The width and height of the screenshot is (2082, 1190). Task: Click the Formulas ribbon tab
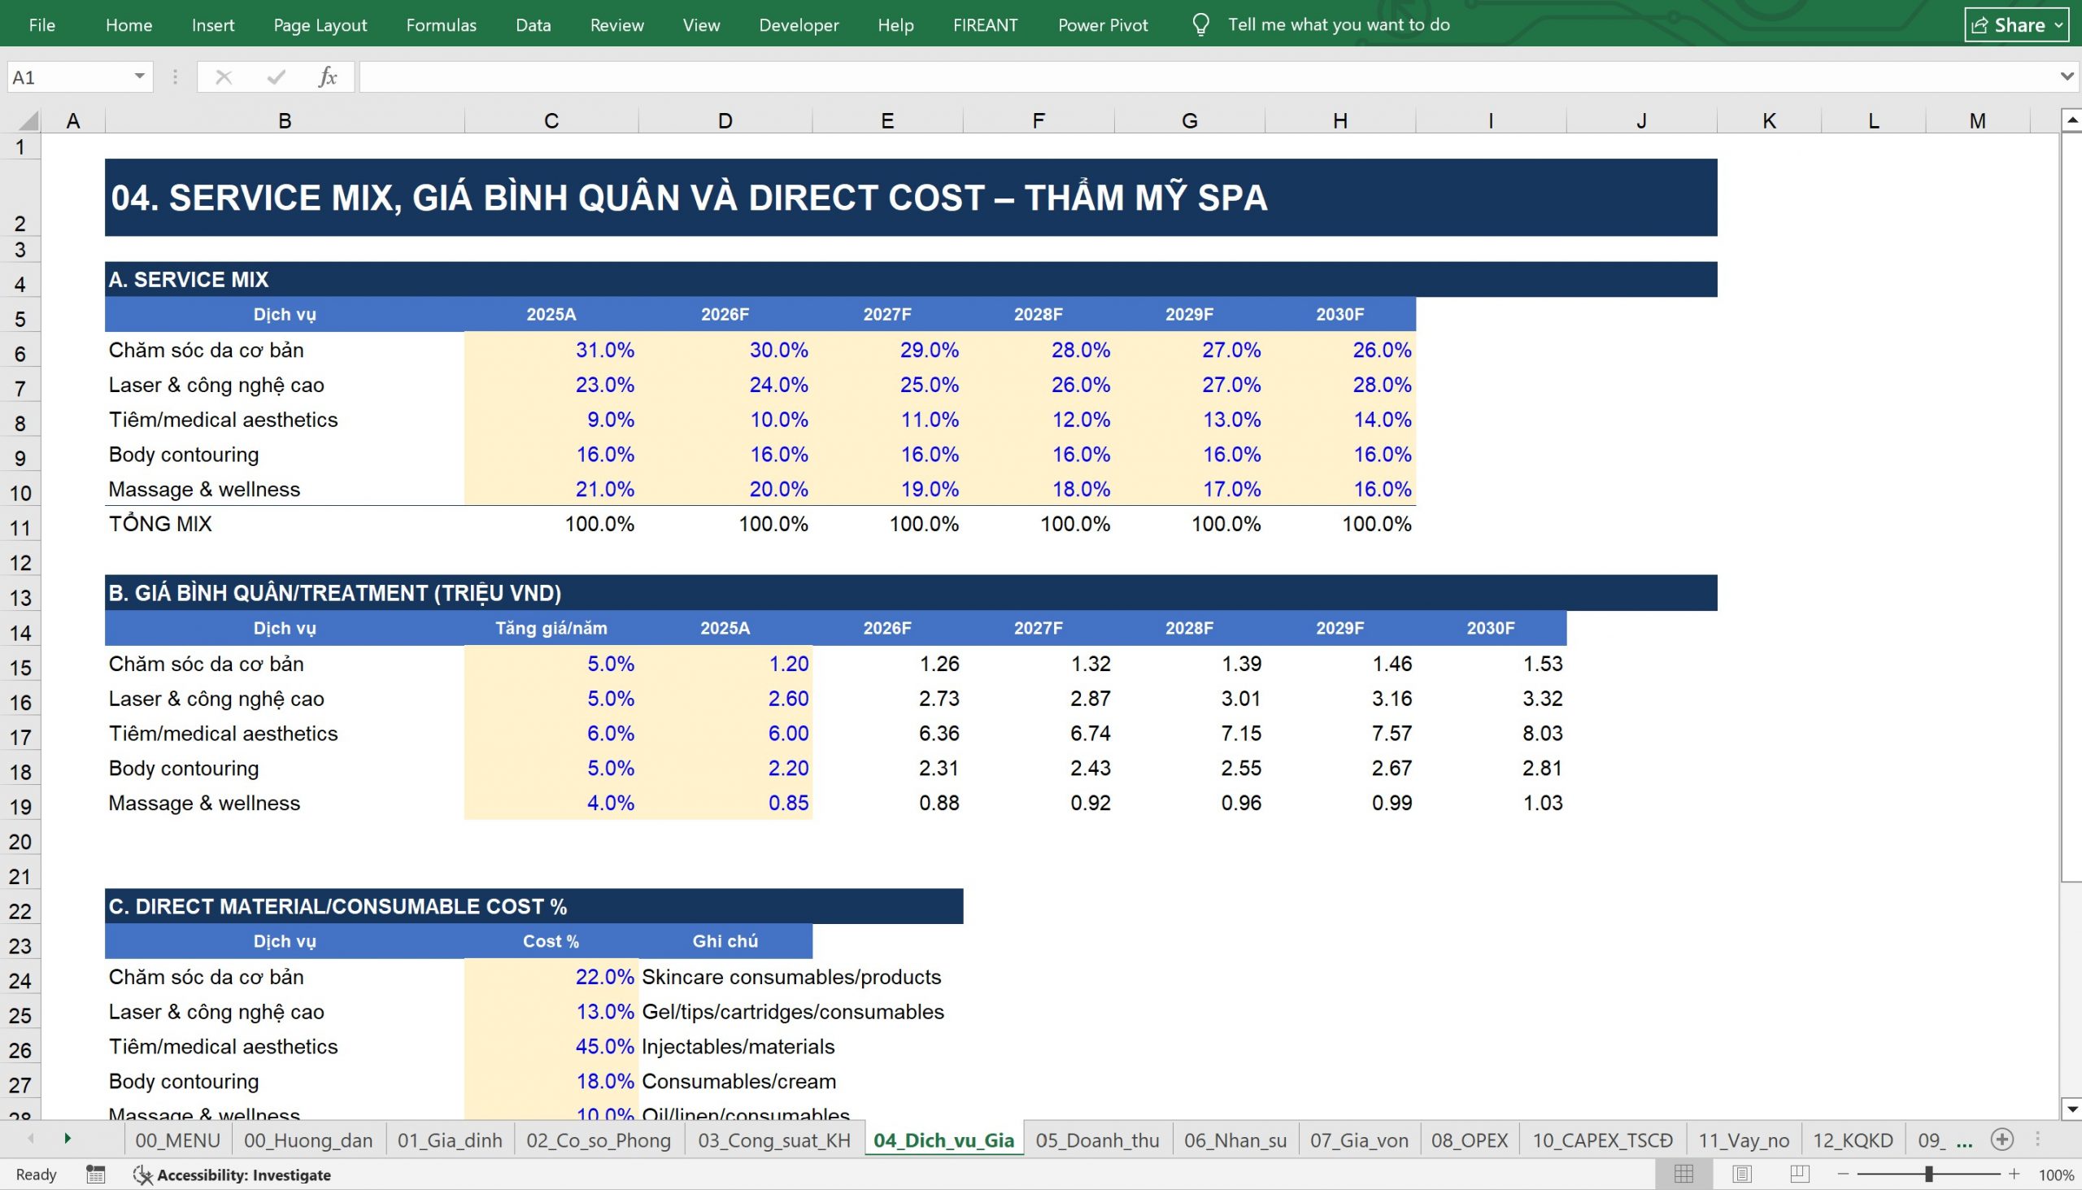[442, 24]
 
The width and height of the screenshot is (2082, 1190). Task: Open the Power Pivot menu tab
[1102, 24]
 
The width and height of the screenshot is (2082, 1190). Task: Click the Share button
[2016, 24]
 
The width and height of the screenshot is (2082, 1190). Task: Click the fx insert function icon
[328, 76]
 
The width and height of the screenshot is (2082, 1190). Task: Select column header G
[1189, 121]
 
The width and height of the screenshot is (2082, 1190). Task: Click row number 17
[20, 737]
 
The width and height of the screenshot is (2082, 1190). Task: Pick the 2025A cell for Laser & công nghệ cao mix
[551, 384]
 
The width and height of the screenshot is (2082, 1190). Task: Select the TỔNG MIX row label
[160, 524]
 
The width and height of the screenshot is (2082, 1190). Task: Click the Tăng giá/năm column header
[551, 628]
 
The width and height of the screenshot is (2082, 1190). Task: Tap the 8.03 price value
[1542, 733]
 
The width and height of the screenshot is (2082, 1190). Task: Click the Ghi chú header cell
[725, 941]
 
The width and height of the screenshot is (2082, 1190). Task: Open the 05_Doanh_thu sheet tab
[1096, 1140]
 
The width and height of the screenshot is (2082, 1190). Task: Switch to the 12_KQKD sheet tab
[1853, 1140]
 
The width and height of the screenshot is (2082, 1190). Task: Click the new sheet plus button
[2001, 1140]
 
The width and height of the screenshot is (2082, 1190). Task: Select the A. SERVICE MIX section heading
[188, 280]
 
